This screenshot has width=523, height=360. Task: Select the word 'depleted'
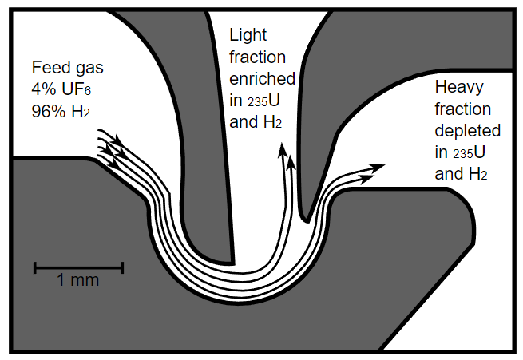click(467, 130)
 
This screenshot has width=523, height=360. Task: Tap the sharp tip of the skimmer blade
click(305, 217)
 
